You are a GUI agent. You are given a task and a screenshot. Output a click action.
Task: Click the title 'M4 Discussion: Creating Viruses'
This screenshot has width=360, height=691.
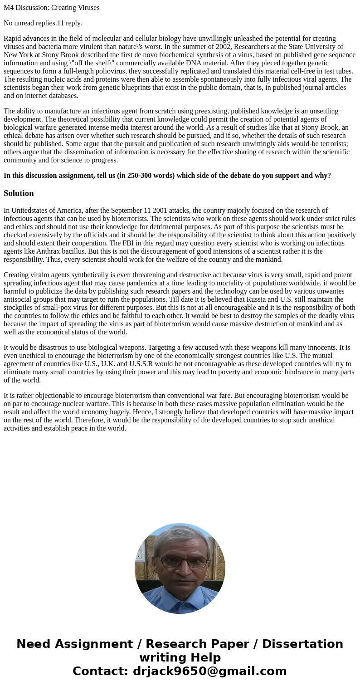(x=52, y=8)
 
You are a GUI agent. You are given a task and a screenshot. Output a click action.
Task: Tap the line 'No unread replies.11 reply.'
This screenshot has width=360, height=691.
(x=43, y=23)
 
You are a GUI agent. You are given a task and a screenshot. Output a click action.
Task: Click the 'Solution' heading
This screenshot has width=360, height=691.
(x=19, y=193)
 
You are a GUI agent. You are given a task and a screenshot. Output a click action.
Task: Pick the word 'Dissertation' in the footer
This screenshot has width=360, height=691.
(x=302, y=644)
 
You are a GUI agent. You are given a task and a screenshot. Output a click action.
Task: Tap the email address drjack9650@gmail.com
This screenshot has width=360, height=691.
(x=209, y=671)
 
